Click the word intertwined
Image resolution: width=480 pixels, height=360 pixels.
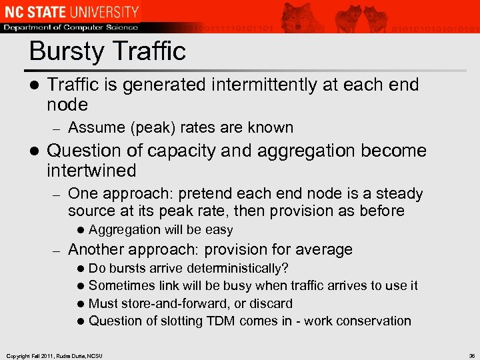point(91,171)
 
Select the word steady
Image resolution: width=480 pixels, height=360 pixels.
point(399,194)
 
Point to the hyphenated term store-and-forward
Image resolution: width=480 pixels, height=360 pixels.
point(179,303)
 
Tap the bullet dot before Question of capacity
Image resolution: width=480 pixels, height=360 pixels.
point(33,151)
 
